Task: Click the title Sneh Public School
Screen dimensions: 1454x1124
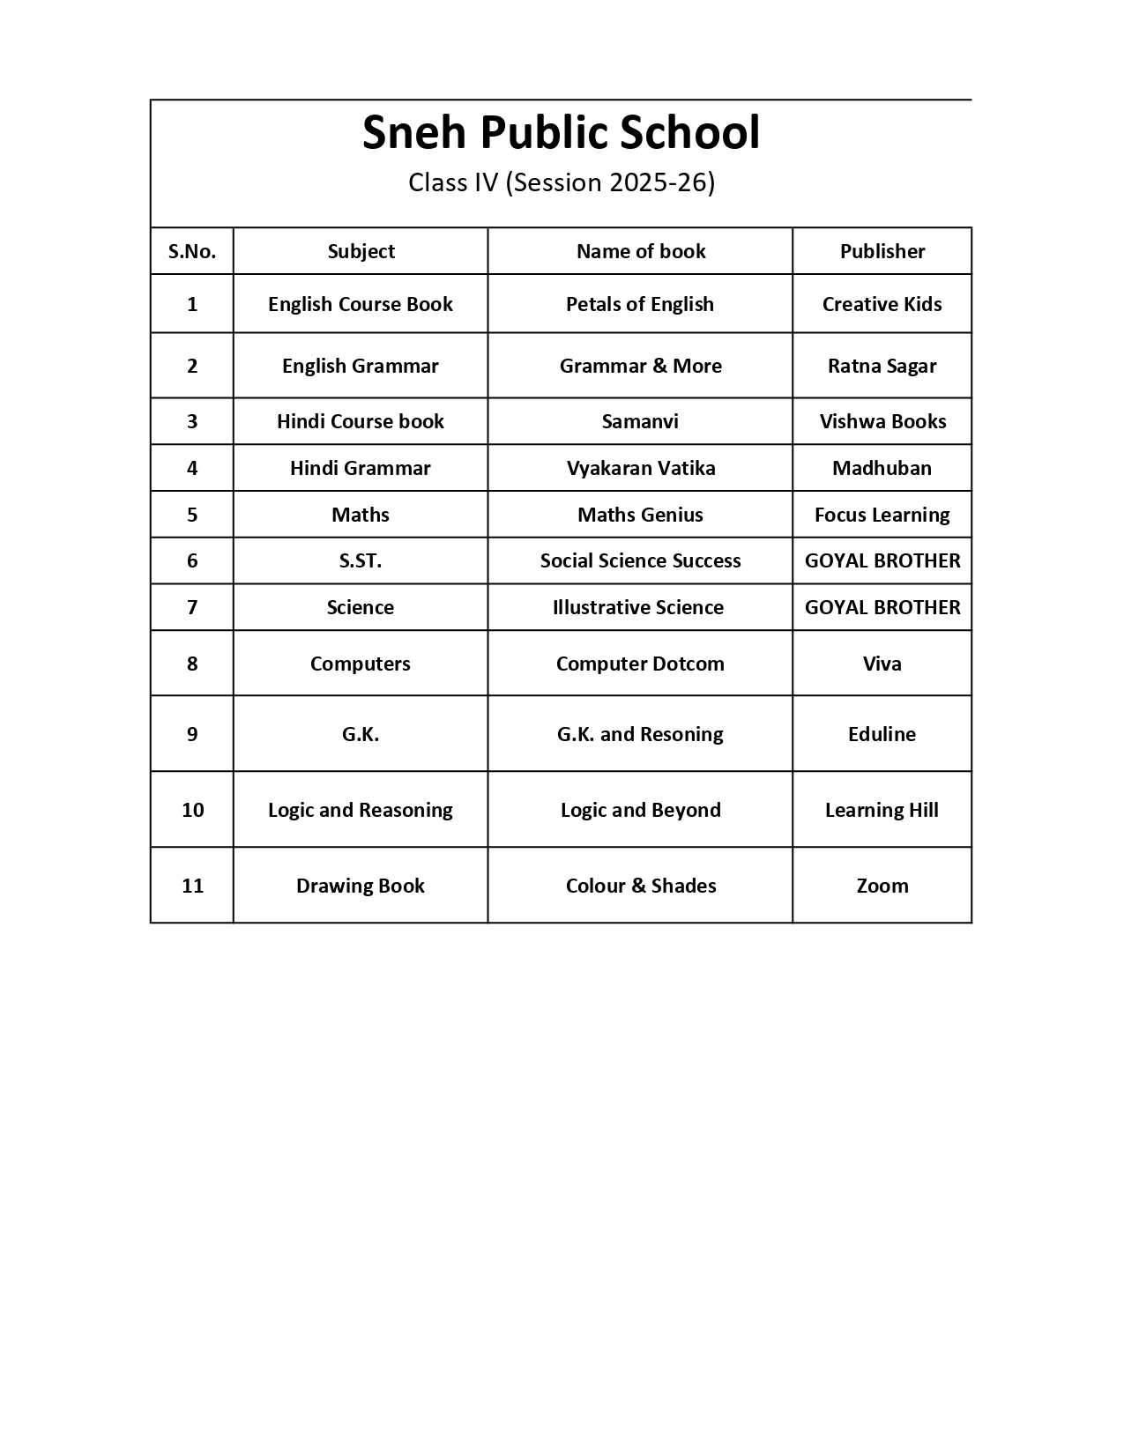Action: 561,133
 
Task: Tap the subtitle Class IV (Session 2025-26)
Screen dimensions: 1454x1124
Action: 561,182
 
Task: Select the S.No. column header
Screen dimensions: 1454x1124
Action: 192,251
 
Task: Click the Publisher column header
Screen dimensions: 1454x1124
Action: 882,251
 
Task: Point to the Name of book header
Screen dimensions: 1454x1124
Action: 640,251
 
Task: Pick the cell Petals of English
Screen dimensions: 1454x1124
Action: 639,304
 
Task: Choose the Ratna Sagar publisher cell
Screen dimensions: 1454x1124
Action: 882,366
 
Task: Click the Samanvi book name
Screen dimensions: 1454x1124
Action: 640,421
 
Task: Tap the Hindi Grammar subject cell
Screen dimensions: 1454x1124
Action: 360,468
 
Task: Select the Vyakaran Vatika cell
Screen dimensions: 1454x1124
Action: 640,468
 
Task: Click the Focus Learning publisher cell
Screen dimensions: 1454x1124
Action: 882,515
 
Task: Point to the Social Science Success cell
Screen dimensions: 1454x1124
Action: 640,560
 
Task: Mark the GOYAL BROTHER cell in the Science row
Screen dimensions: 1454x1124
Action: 882,607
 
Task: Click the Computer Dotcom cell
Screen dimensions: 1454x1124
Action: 640,664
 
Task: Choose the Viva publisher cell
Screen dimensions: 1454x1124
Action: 882,664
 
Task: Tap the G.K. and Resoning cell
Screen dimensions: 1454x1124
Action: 640,734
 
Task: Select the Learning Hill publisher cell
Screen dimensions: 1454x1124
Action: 882,810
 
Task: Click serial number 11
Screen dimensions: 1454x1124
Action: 192,886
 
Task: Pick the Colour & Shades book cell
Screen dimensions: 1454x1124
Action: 640,886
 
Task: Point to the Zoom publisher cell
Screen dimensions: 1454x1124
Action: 882,886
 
